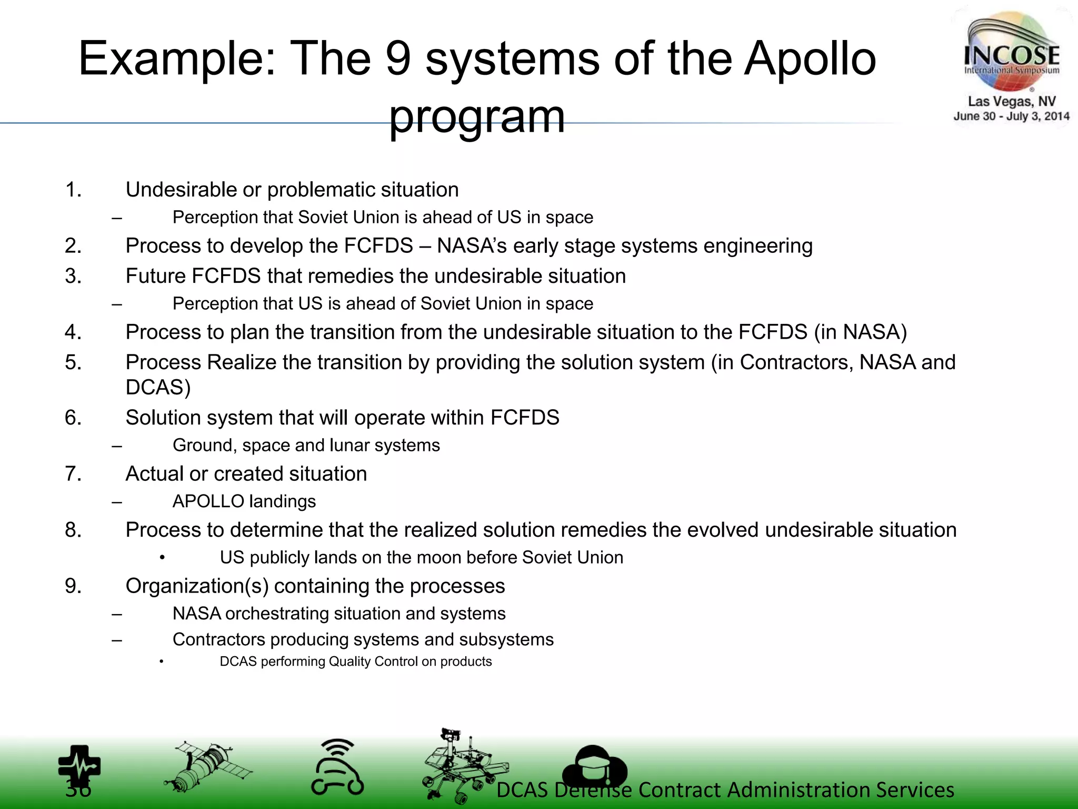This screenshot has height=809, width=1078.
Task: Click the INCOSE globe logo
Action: click(1011, 53)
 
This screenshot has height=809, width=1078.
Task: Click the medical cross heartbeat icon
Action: click(79, 766)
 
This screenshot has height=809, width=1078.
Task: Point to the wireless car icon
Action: click(337, 767)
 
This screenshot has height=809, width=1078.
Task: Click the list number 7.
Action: click(73, 473)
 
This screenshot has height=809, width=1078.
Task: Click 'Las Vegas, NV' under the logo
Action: click(1011, 101)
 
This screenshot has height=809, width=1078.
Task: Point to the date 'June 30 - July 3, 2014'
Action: click(1011, 116)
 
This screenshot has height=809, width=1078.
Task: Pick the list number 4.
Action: click(73, 332)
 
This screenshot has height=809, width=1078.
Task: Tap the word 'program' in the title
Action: click(477, 116)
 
